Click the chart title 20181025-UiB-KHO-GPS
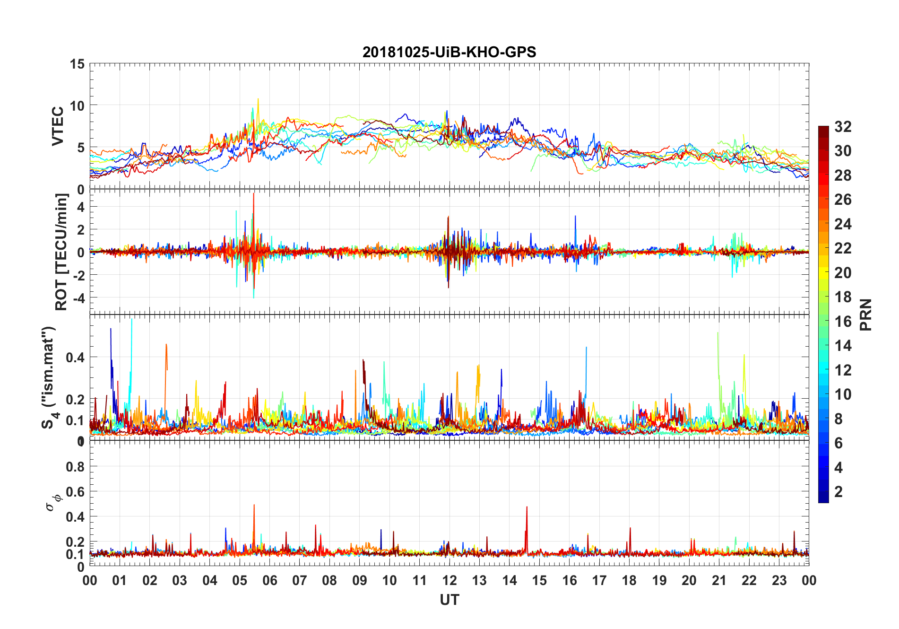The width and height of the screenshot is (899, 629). click(449, 52)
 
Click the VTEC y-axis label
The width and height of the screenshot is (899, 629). click(58, 126)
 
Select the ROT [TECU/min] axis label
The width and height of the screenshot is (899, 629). click(61, 252)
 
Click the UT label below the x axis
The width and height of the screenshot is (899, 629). click(449, 600)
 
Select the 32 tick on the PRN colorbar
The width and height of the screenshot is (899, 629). click(843, 127)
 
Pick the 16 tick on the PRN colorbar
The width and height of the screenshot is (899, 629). click(843, 322)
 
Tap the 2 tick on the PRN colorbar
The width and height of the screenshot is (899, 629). click(838, 492)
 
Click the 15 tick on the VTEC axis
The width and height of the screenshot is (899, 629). click(77, 64)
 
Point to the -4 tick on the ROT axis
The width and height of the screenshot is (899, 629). click(78, 298)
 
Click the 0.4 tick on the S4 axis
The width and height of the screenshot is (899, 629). click(75, 357)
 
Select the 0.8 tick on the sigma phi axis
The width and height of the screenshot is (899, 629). click(75, 467)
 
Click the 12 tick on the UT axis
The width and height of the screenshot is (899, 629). click(449, 580)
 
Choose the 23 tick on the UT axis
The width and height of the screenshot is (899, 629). click(779, 580)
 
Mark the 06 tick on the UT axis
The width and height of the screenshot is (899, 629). click(269, 580)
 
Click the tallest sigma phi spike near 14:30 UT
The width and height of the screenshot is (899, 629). click(527, 507)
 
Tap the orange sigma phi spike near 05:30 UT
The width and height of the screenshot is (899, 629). click(254, 505)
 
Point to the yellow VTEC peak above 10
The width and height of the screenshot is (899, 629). click(258, 99)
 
